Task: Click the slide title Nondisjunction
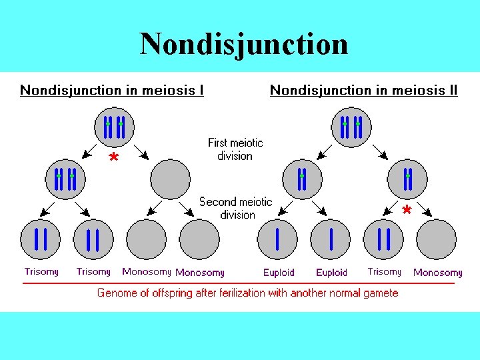point(243,44)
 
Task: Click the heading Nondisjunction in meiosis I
point(112,90)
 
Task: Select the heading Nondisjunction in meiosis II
point(363,90)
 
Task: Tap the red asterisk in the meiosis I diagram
point(114,159)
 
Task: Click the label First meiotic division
point(235,149)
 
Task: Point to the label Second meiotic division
point(236,207)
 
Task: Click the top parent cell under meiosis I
point(114,127)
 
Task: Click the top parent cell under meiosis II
point(351,127)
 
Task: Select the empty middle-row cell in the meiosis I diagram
point(170,179)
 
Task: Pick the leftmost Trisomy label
point(41,271)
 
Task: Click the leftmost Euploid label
point(279,272)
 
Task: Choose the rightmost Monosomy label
point(437,272)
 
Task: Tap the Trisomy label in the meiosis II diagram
point(384,271)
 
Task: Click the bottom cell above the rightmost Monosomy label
point(436,239)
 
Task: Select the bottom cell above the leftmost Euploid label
point(277,239)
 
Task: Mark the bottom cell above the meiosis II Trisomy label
point(383,239)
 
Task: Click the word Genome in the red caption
point(116,293)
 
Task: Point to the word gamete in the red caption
point(381,293)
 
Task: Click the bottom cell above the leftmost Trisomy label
point(40,239)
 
